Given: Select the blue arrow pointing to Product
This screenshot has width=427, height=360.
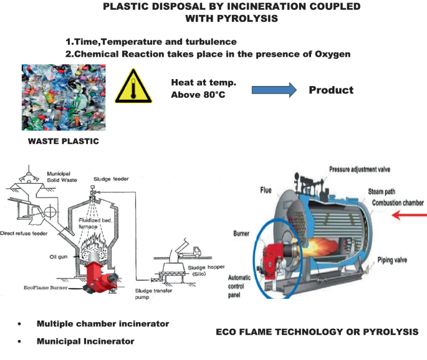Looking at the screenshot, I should point(274,90).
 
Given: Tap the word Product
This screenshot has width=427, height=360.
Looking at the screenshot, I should point(331,90).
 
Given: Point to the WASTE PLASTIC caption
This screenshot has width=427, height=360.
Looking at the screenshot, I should point(63,141).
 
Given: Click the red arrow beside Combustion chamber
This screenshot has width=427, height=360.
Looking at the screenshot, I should point(409,216).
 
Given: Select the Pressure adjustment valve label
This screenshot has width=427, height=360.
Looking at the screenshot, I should point(363,169).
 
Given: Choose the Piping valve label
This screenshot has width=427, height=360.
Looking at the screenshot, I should point(395,259).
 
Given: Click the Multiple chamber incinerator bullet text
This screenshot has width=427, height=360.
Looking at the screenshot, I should point(102,324).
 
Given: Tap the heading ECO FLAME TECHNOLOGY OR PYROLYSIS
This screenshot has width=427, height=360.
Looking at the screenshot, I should point(317,333).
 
